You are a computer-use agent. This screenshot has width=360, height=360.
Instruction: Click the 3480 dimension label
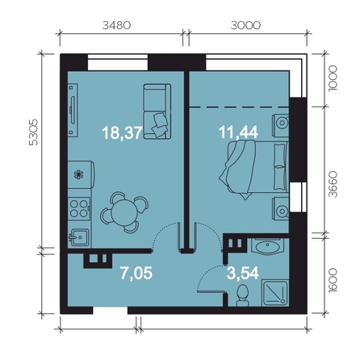pos(117,25)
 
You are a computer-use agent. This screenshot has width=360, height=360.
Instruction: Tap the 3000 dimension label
pos(245,25)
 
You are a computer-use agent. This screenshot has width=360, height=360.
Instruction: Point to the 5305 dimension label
pos(34,132)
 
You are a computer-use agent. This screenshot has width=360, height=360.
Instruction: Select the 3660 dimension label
pos(333,184)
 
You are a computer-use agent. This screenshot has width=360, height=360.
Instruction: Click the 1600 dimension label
pos(333,280)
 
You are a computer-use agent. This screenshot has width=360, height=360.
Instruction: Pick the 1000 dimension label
pos(333,78)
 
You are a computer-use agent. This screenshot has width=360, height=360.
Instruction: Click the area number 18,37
pos(122,133)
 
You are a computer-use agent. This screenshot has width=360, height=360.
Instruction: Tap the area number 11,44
pos(239,132)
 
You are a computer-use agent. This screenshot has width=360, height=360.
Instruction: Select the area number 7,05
pos(136,273)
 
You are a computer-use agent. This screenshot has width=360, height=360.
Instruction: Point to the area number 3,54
pos(243,273)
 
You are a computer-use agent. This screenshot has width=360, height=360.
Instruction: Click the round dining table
pos(124,212)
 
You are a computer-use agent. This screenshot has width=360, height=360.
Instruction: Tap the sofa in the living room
pos(157,111)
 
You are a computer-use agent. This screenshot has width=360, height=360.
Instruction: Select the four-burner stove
pos(79,209)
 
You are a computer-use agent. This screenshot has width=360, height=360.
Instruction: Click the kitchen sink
pos(78,237)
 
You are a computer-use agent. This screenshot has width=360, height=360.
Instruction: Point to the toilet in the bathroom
pos(243,295)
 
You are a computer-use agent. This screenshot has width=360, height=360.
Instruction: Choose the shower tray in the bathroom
pos(275,293)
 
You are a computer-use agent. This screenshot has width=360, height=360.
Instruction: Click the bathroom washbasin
pos(268,247)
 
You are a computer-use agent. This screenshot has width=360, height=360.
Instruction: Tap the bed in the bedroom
pos(253,170)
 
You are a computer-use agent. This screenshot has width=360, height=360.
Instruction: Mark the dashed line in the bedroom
pos(239,107)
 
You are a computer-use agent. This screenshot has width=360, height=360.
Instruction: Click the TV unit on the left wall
pos(73,111)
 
